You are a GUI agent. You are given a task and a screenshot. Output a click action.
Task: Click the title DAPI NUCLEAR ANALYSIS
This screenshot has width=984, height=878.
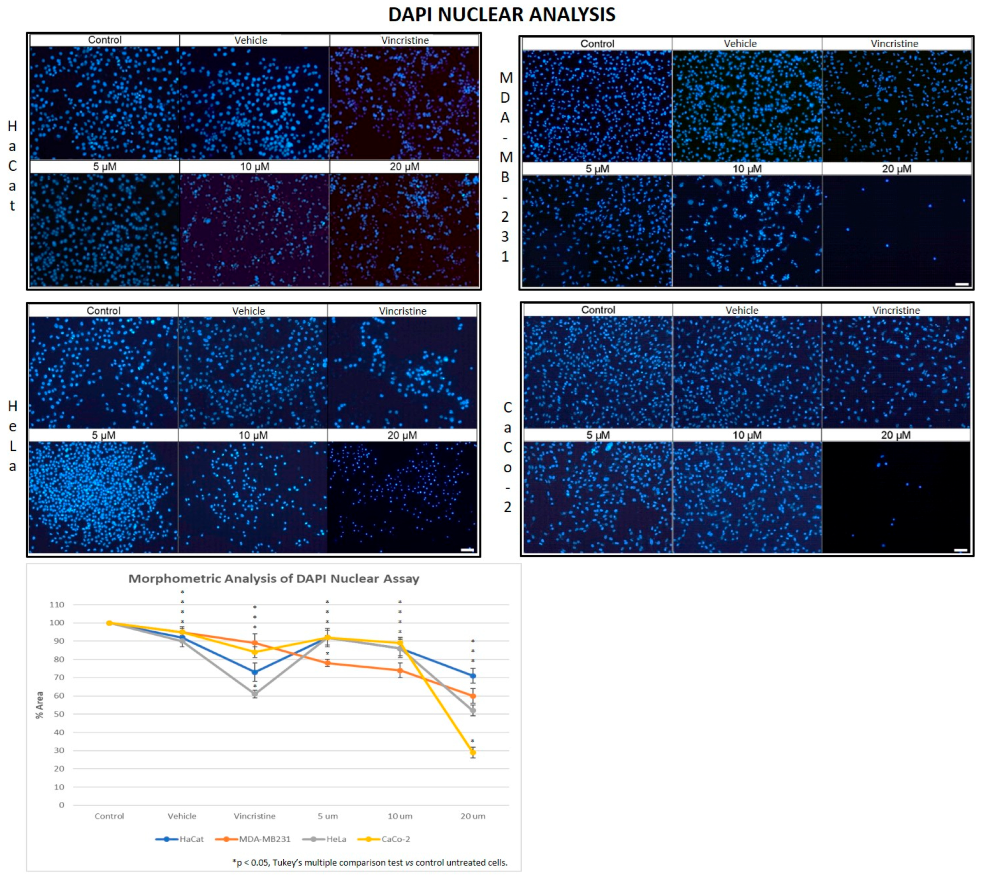pos(501,15)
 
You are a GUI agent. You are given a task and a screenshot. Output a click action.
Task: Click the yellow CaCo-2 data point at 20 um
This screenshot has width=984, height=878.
pos(473,753)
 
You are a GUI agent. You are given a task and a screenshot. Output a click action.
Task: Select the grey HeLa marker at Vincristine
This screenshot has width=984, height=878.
pos(255,694)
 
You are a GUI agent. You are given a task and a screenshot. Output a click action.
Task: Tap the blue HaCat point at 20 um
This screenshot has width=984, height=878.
pos(473,675)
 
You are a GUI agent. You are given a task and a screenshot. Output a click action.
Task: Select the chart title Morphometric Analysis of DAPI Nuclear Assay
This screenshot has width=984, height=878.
pos(274,578)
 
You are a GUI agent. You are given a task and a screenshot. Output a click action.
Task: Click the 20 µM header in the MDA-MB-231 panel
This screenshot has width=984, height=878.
pos(896,169)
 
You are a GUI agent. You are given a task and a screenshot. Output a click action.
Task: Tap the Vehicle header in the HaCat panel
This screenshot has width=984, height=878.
pos(251,40)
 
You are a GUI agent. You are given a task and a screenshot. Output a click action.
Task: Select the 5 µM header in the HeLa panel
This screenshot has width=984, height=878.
pos(104,435)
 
